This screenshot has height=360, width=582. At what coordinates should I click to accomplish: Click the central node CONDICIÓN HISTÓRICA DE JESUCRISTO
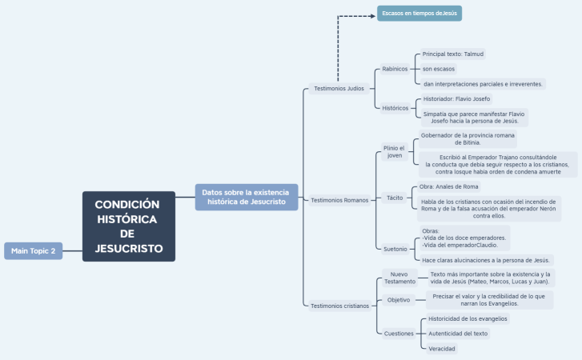point(128,226)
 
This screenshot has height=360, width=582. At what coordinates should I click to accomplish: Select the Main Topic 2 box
point(33,250)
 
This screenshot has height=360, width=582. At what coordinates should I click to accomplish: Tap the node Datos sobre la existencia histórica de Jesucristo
point(247,197)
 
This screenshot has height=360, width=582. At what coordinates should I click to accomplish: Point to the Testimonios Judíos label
point(339,89)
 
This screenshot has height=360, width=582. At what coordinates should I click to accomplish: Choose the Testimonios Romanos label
point(339,199)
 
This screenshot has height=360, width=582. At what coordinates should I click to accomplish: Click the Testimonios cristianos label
point(340,306)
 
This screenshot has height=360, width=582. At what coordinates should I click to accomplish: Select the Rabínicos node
point(395,69)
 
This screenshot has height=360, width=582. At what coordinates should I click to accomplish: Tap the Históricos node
point(395,107)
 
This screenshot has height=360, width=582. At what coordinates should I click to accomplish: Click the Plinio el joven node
point(395,152)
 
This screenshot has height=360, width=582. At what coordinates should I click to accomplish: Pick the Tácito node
point(395,197)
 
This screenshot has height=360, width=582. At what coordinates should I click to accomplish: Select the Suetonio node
point(395,249)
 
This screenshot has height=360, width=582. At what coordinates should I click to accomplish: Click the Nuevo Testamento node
point(399,278)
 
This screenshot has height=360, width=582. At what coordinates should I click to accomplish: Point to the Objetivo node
point(399,300)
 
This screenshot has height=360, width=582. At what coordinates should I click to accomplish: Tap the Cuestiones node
point(399,333)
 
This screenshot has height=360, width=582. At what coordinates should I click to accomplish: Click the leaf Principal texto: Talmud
point(453,54)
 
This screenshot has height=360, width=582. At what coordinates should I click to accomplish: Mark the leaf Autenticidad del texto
point(458,333)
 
